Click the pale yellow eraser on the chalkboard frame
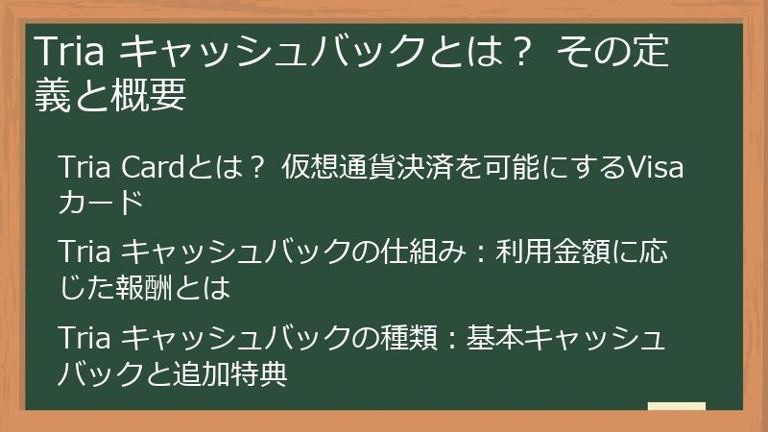pos(676,407)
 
